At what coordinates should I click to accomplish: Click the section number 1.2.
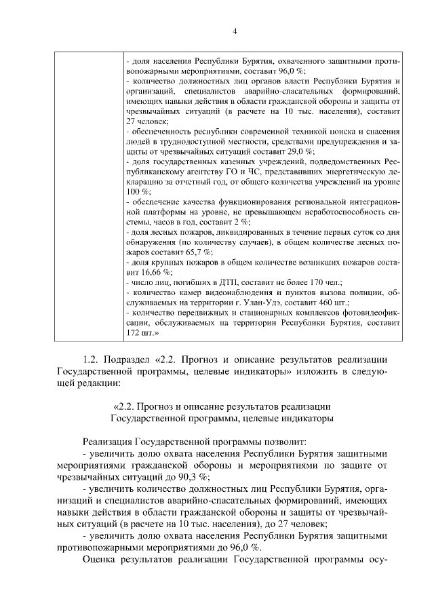click(92, 359)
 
